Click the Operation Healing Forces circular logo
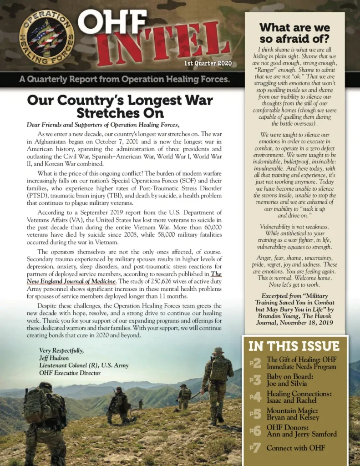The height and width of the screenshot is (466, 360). [46, 37]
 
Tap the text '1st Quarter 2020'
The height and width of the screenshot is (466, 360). [208, 63]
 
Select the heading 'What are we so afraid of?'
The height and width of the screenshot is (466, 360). [294, 33]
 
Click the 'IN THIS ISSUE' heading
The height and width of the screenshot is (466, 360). [294, 346]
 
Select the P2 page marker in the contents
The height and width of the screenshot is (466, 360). [255, 363]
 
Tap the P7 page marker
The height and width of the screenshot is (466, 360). [255, 448]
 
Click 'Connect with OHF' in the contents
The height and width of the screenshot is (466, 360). [296, 448]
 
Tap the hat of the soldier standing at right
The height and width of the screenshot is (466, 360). [218, 350]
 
